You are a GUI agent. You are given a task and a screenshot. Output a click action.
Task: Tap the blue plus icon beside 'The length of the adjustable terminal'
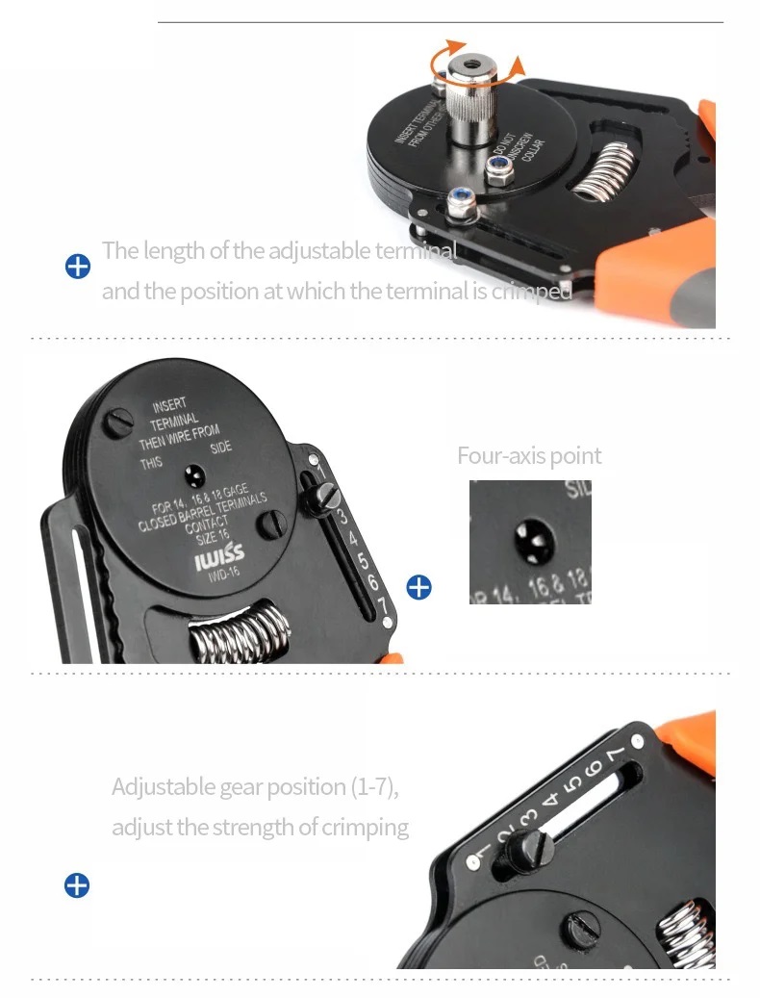point(77,267)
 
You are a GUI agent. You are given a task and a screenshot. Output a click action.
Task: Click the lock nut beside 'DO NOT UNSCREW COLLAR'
point(497,172)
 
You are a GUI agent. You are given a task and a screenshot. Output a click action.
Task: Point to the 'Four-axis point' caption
point(529,455)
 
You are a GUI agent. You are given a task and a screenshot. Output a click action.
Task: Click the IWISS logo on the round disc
point(220,559)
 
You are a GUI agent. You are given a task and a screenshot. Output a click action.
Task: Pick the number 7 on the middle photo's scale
point(382,606)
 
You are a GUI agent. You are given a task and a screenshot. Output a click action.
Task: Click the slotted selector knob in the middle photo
point(324,498)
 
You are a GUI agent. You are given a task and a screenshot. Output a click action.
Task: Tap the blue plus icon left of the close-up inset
point(418,586)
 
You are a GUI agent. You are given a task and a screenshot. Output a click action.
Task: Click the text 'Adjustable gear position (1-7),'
point(255,786)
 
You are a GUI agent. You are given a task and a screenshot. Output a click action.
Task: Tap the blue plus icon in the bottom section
point(77,884)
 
